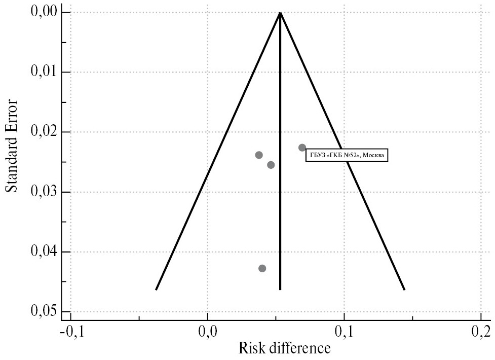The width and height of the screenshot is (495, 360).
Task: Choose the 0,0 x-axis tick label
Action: pos(207,333)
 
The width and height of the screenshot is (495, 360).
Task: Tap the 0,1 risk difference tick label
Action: pos(345,333)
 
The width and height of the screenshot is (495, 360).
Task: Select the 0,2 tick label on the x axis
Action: pos(481,333)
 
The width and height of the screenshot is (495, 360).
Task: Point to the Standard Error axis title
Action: pos(12,146)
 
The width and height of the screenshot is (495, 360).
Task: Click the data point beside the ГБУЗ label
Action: pos(302,148)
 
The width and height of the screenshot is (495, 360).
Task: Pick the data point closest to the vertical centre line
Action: pos(271,165)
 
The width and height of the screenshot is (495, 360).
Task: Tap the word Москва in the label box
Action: pos(373,155)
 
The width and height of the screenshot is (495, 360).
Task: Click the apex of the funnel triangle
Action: pos(280,12)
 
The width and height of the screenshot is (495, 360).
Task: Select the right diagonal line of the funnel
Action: pos(365,203)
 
